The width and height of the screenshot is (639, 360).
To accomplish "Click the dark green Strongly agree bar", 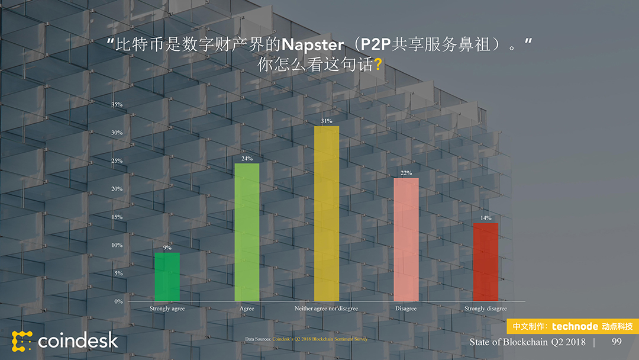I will click(167, 277).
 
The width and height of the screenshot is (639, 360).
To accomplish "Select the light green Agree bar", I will click(247, 232).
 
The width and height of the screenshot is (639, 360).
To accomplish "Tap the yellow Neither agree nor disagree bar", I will click(327, 213).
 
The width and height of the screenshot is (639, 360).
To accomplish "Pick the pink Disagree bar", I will click(406, 239).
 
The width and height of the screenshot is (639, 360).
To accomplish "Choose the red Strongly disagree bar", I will click(485, 262).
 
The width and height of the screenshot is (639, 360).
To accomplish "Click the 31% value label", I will click(327, 121).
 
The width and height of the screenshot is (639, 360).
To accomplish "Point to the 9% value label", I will click(167, 247).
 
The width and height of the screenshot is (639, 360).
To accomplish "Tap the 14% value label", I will click(486, 218).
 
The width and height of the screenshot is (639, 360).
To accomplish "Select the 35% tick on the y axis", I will click(117, 105).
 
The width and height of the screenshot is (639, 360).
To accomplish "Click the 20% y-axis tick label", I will click(117, 189).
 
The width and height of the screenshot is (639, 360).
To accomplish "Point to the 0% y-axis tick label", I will click(118, 301).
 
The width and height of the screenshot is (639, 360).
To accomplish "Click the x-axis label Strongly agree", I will click(167, 308).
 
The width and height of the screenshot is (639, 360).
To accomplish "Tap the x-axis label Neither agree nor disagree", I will click(326, 308).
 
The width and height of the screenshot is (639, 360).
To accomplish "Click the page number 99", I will click(617, 342).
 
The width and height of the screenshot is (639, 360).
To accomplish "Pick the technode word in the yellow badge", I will click(575, 326).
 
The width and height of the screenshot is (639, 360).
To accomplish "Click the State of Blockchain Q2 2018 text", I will click(527, 342).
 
